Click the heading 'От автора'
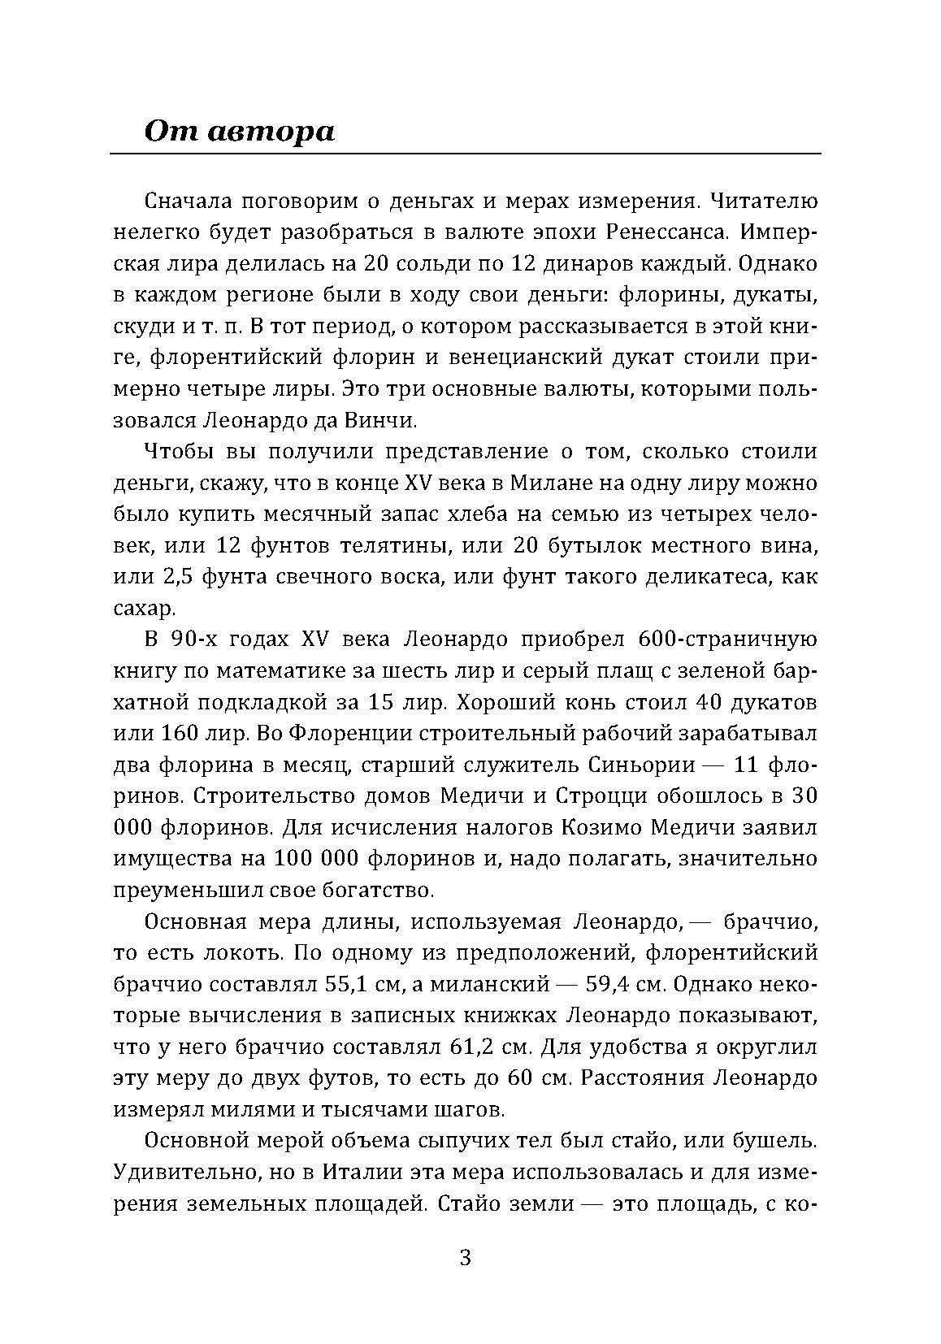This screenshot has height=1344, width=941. (x=239, y=130)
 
